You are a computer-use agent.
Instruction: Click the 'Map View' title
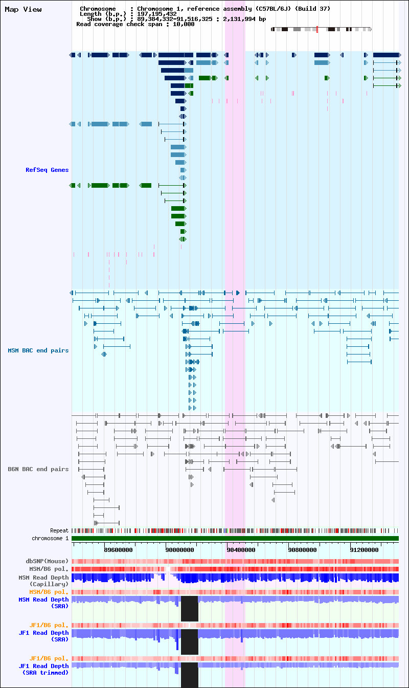[23, 10]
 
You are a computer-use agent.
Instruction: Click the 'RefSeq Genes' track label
[47, 170]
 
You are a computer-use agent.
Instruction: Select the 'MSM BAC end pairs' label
[38, 350]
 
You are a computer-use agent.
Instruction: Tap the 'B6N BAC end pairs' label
[38, 469]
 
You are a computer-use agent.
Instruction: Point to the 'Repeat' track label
[59, 530]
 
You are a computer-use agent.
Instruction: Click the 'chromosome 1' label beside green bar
[50, 538]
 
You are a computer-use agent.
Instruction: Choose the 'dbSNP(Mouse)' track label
[47, 561]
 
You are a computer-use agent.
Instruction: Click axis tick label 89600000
[118, 550]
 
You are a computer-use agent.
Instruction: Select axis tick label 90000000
[179, 550]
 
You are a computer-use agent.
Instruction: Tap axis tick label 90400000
[241, 550]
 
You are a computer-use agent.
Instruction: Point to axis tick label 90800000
[303, 550]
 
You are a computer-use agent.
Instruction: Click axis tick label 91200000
[364, 550]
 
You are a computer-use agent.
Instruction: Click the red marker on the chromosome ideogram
[317, 29]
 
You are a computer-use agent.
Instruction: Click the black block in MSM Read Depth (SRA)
[190, 608]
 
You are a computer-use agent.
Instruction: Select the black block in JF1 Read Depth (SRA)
[190, 642]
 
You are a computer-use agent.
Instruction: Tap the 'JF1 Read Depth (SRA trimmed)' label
[43, 669]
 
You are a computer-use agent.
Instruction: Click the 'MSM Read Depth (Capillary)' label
[43, 581]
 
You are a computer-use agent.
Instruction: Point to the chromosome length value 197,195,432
[157, 14]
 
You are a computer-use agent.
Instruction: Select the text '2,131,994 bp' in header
[244, 19]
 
